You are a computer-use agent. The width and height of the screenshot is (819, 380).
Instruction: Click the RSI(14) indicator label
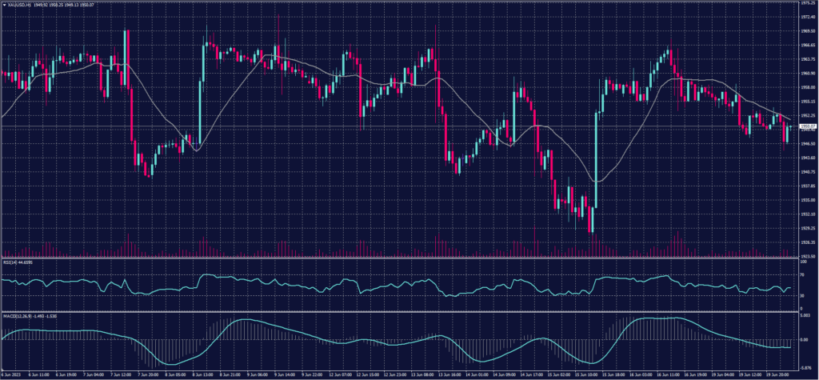(10, 261)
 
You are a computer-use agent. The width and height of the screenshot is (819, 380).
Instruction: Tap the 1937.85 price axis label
(807, 186)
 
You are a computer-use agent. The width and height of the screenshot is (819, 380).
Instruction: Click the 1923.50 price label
(807, 256)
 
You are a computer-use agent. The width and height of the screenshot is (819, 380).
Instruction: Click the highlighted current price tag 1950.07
(807, 126)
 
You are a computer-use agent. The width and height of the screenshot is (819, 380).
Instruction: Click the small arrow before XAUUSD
(4, 4)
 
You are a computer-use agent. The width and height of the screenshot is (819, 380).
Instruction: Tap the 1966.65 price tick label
(807, 45)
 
